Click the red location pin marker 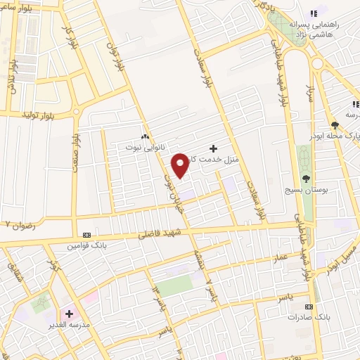click(181, 165)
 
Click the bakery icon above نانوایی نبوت click(144, 137)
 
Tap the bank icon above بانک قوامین click(86, 235)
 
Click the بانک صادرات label click(309, 318)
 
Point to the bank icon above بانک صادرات click(309, 307)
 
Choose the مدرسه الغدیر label click(70, 326)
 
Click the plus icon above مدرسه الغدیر click(69, 314)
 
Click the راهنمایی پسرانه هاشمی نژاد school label click(328, 29)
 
